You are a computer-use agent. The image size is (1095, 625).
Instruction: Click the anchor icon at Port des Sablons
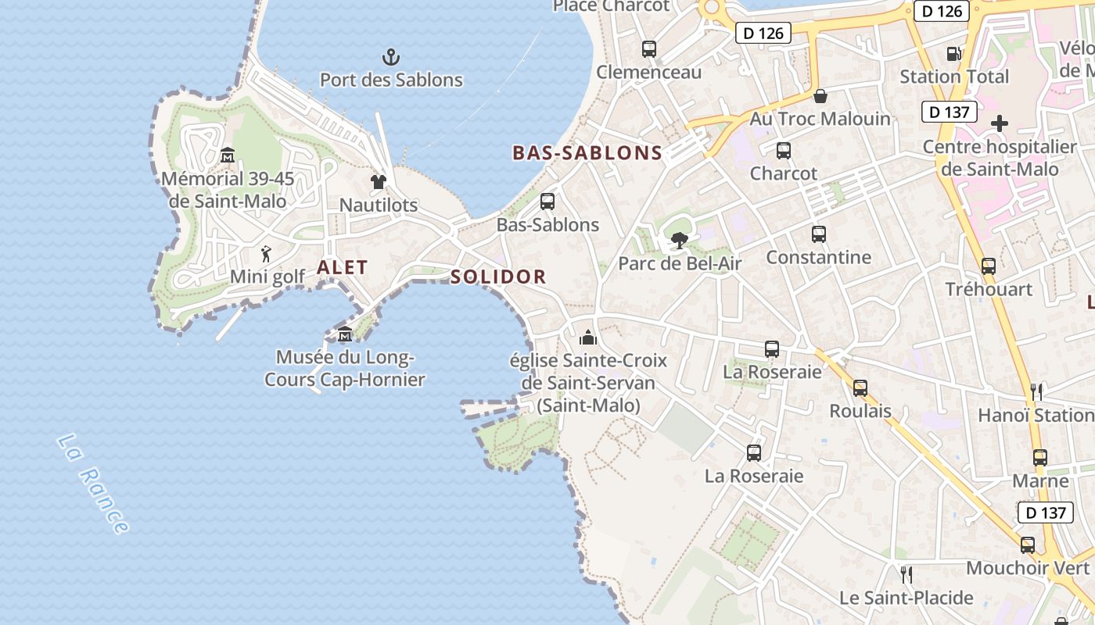390,57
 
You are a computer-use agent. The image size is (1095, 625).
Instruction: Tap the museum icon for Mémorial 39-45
228,155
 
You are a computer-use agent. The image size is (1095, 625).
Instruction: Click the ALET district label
342,267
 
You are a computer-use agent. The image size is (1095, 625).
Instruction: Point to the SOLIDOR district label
498,277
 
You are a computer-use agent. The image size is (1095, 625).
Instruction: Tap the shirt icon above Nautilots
379,182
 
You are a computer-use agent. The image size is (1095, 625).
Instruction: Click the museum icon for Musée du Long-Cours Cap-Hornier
344,334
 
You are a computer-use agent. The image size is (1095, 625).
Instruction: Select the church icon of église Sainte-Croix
587,337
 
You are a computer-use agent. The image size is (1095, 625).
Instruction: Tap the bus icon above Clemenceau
649,49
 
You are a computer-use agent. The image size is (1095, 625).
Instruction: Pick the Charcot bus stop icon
783,151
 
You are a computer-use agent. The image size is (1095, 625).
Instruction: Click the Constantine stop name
818,257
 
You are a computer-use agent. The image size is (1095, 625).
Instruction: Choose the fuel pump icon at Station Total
953,54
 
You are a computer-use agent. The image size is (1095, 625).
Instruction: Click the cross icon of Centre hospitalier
1000,123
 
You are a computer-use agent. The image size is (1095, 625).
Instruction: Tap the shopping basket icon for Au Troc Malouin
820,96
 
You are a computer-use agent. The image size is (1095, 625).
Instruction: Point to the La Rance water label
92,484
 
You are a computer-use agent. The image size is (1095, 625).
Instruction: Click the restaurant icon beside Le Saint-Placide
907,575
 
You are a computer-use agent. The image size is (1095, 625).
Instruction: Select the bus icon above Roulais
860,388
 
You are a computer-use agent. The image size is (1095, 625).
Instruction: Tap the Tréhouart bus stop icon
989,266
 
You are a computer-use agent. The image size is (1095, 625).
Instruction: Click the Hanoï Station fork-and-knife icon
1036,391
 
